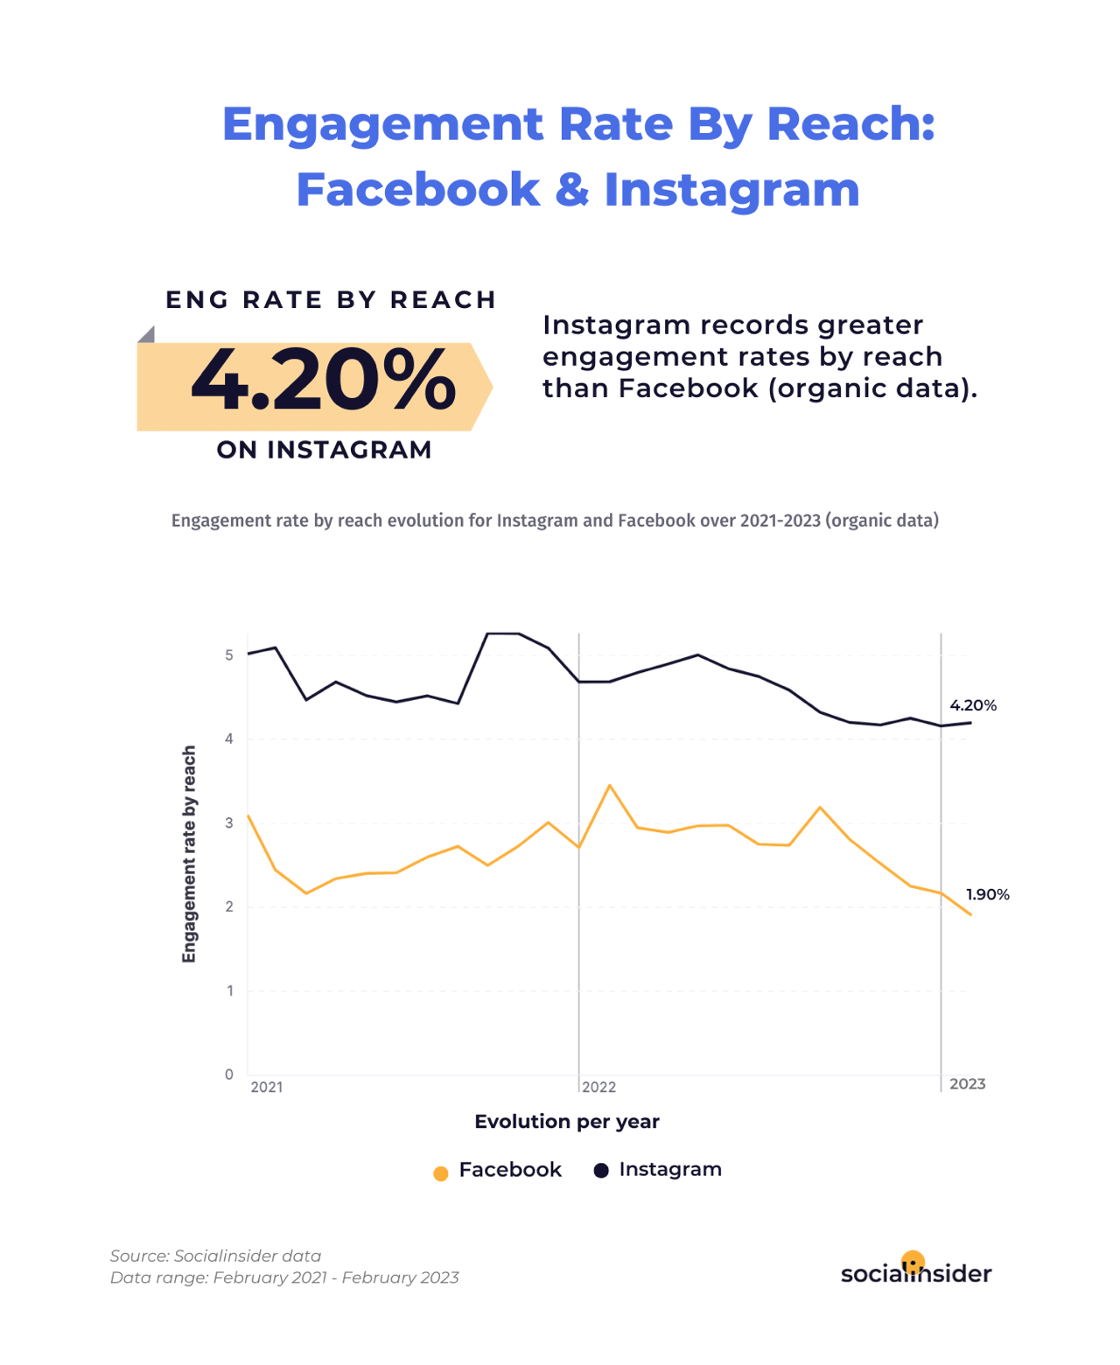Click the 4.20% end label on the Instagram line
[973, 705]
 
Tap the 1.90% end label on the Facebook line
[987, 894]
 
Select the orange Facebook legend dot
[441, 1172]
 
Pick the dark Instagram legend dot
[601, 1171]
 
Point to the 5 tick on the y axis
[229, 655]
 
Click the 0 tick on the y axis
[229, 1074]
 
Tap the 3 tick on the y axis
[229, 823]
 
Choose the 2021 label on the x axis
[267, 1088]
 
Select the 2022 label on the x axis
[599, 1088]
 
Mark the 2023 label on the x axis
[967, 1084]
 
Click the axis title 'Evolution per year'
[567, 1122]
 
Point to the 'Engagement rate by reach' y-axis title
[189, 854]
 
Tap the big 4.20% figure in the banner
[323, 381]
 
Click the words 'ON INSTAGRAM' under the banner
[325, 450]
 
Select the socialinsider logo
[915, 1271]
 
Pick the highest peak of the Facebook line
[610, 786]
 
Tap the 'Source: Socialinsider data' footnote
[215, 1256]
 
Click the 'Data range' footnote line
[284, 1277]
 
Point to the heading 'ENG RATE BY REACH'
[331, 300]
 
